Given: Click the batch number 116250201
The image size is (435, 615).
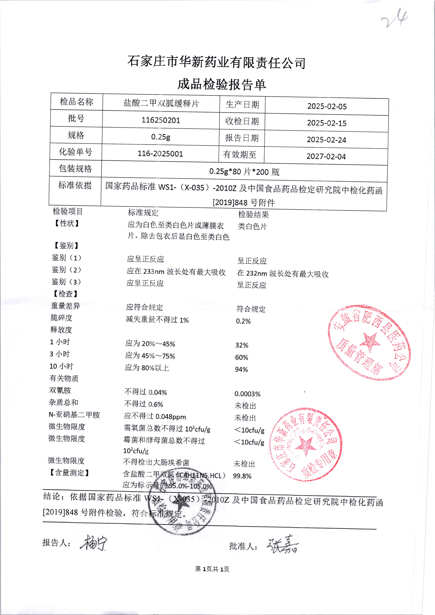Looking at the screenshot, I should click(161, 120).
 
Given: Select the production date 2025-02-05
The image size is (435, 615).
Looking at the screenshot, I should click(327, 106).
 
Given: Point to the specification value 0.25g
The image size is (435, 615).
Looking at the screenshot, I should click(160, 137).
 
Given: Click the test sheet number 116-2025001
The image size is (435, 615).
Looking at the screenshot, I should click(160, 154).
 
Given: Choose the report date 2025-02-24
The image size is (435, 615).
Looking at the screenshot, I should click(326, 140).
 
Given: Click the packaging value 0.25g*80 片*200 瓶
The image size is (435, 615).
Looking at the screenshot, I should click(244, 171).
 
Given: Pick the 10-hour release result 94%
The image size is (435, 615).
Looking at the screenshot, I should click(241, 370).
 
